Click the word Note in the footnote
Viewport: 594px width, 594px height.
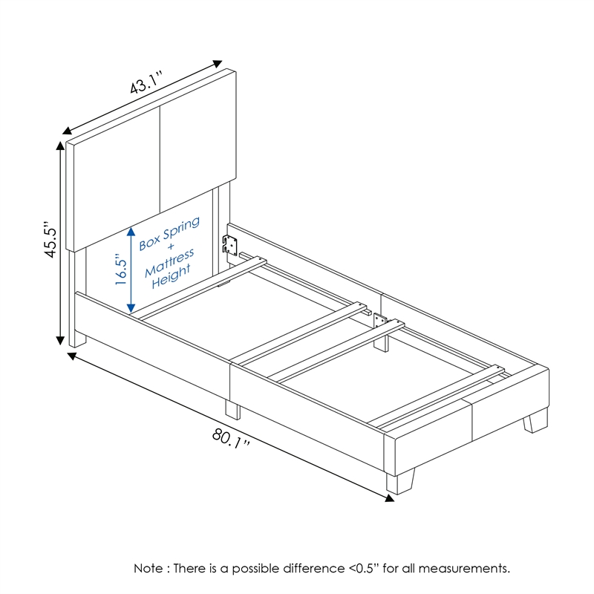click(149, 569)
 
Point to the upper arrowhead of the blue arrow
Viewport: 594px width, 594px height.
click(131, 229)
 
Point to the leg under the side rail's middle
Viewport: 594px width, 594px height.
click(232, 411)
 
